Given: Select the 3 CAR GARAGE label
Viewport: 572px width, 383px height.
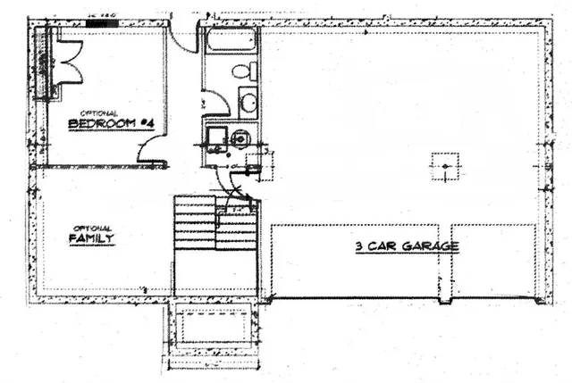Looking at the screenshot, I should (x=408, y=246).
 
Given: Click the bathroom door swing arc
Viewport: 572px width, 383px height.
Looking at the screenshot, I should (x=217, y=103).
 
